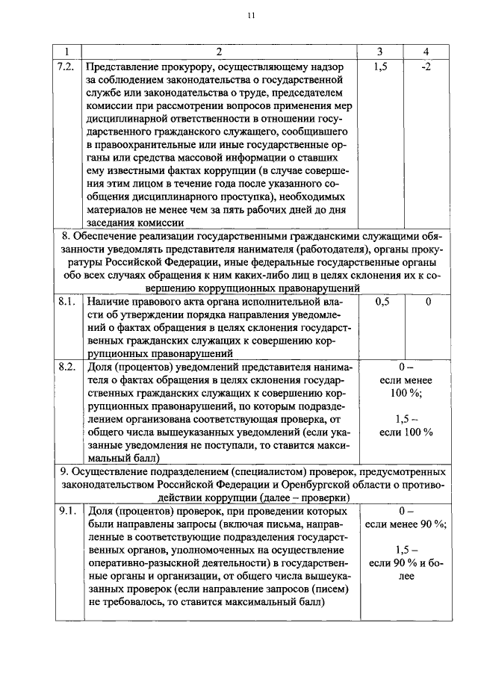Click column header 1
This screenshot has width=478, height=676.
click(67, 52)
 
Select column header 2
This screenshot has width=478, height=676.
click(219, 52)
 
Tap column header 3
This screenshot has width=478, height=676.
click(381, 52)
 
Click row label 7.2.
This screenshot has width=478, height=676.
click(67, 66)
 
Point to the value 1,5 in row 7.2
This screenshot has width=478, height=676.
click(381, 66)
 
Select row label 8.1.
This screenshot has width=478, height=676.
click(67, 302)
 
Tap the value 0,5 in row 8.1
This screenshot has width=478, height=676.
click(381, 302)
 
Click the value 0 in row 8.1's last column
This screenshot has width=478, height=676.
click(428, 302)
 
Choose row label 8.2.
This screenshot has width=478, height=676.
click(67, 368)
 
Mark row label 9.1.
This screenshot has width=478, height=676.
click(67, 512)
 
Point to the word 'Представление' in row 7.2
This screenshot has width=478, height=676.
click(123, 66)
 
